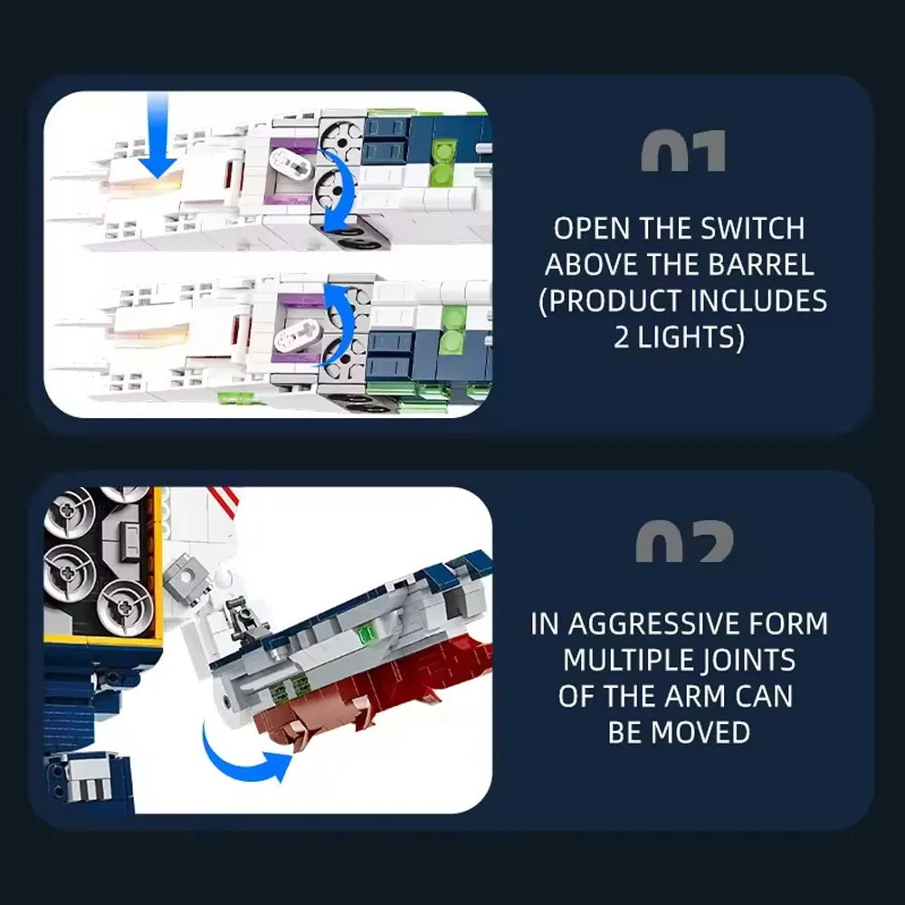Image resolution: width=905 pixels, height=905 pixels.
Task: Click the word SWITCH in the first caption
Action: pos(752,228)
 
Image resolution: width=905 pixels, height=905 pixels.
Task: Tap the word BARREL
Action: pos(761,264)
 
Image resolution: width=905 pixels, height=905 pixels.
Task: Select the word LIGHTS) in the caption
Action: pos(691,338)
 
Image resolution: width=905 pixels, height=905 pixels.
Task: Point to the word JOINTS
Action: pos(748,661)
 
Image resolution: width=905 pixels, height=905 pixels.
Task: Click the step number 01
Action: pos(682,150)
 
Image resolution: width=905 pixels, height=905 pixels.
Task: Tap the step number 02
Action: pos(684,541)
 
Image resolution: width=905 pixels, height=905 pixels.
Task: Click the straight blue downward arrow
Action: pos(157,135)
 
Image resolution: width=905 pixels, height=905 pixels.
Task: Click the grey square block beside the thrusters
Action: pos(186,576)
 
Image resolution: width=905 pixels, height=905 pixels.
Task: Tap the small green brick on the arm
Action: pos(366,633)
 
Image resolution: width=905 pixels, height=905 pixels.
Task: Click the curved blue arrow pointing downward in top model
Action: pos(338,190)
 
